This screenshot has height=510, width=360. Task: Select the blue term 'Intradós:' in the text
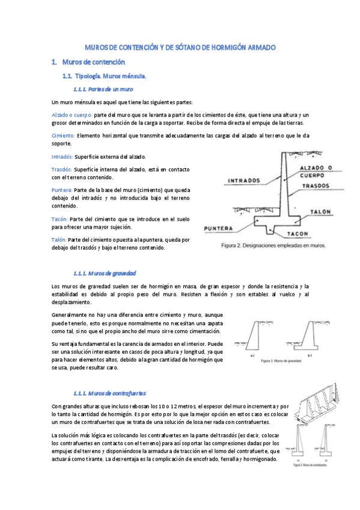coord(63,157)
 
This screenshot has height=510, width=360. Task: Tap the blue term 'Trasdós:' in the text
coord(62,170)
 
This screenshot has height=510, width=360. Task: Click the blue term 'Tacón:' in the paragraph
coord(60,220)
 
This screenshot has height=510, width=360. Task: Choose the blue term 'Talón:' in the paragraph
coord(60,239)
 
